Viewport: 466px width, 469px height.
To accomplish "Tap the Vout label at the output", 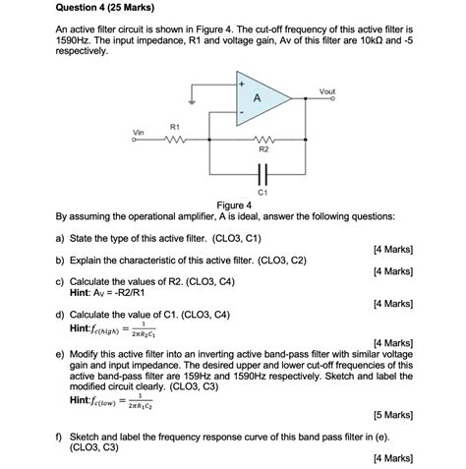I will tap(326, 91).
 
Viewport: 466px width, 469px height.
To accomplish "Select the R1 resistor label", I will tap(174, 127).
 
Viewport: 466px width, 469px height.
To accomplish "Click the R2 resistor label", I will tap(262, 150).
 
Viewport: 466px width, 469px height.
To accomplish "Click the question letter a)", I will tap(60, 239).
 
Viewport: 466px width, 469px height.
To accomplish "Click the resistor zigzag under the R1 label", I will tap(175, 140).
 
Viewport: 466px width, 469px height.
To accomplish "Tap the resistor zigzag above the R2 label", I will tap(262, 140).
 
